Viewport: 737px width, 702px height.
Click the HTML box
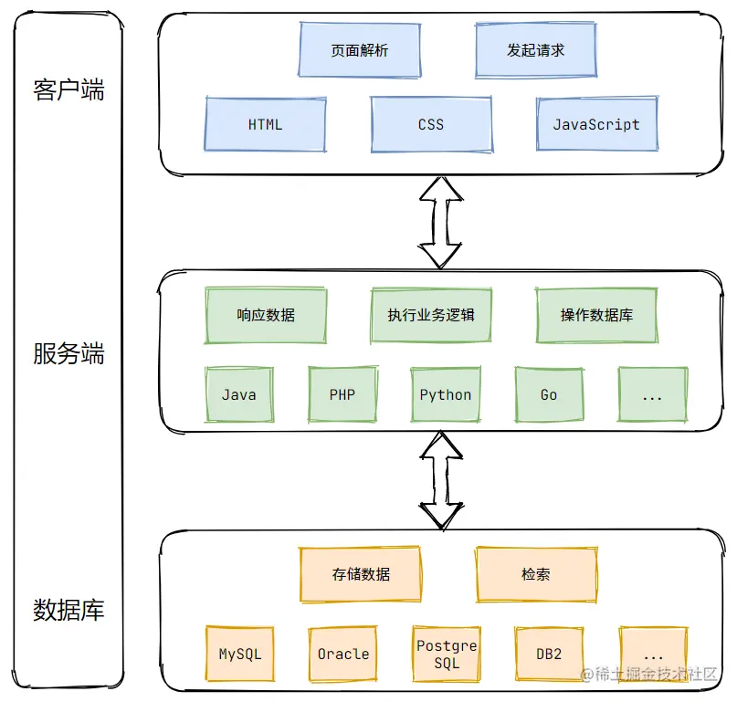point(265,124)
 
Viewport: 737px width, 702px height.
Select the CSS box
point(431,124)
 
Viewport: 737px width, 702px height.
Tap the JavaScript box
point(597,124)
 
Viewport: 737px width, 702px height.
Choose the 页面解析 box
point(360,50)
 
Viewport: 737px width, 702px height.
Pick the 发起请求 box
point(536,50)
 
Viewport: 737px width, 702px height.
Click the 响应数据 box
point(266,315)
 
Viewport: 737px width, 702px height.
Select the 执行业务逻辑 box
point(431,315)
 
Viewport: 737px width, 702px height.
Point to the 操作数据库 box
point(596,315)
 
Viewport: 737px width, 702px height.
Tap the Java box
point(239,394)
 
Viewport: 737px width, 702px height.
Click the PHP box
point(342,394)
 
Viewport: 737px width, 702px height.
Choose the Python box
point(446,394)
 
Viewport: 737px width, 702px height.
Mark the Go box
point(549,394)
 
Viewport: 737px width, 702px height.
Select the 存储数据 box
point(361,574)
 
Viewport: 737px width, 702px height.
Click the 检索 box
point(536,574)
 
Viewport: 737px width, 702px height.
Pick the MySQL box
point(239,654)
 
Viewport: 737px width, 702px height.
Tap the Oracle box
point(343,654)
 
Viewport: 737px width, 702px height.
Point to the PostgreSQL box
point(447,654)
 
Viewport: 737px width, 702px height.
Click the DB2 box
point(549,654)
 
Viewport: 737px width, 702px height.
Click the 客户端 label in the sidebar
point(68,89)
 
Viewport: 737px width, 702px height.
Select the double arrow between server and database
point(441,480)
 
